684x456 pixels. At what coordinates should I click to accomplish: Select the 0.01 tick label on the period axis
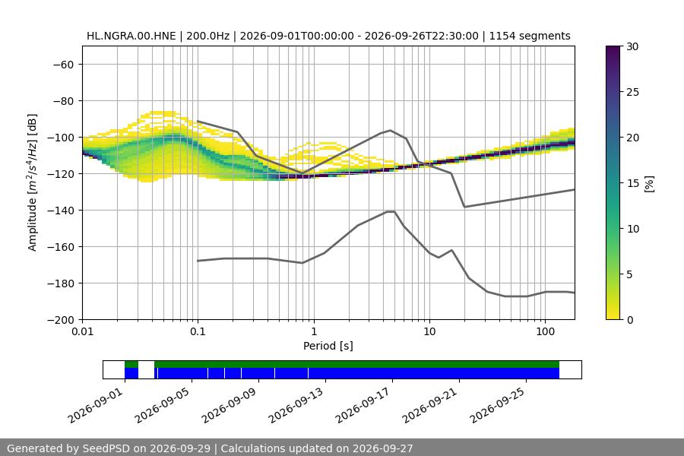click(x=82, y=331)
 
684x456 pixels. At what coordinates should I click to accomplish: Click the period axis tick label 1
click(x=314, y=331)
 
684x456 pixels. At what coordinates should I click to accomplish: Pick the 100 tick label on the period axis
click(x=545, y=331)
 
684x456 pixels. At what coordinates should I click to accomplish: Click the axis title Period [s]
click(x=328, y=346)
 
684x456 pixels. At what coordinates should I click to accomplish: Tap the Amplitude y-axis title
click(x=33, y=183)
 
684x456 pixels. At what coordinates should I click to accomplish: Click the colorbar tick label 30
click(x=632, y=46)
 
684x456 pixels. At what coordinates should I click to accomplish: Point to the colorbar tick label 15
click(x=632, y=183)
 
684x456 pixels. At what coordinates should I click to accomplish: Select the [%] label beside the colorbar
click(x=650, y=183)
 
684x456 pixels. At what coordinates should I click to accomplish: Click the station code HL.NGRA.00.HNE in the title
click(x=131, y=36)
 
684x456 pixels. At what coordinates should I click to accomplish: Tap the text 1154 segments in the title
click(x=530, y=36)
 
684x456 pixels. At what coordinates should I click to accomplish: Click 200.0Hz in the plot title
click(x=207, y=36)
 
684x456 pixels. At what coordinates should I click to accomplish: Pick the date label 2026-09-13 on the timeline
click(x=296, y=405)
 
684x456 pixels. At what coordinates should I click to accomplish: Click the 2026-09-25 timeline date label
click(x=498, y=405)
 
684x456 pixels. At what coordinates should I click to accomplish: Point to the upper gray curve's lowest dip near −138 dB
click(x=464, y=207)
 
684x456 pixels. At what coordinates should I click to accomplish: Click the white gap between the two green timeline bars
click(x=146, y=364)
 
